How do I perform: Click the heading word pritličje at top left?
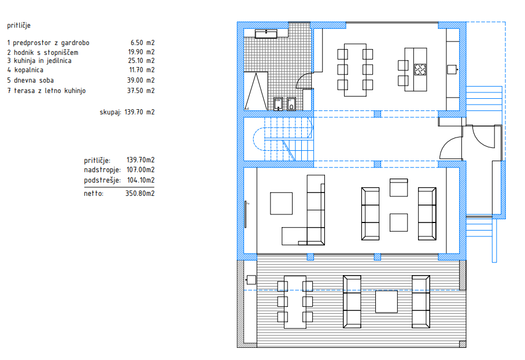point(19,25)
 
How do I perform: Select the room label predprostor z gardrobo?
point(51,43)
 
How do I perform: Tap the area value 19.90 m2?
point(141,52)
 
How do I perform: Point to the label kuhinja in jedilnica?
point(43,61)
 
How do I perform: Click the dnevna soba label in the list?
point(34,80)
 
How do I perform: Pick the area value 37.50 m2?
point(141,91)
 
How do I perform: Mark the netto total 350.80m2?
point(140,194)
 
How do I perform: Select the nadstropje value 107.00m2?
point(141,170)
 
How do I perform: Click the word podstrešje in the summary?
point(102,180)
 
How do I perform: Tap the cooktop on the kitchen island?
point(420,69)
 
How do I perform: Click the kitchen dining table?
point(355,70)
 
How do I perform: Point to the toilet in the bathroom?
point(291,104)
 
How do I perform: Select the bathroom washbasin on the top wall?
point(266,34)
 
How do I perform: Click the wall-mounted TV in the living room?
point(246,214)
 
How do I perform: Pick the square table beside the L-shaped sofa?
point(281,203)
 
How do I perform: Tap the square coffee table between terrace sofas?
point(386,302)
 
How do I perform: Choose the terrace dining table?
point(295,302)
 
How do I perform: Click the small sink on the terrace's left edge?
point(251,280)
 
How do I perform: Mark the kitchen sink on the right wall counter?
point(452,69)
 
